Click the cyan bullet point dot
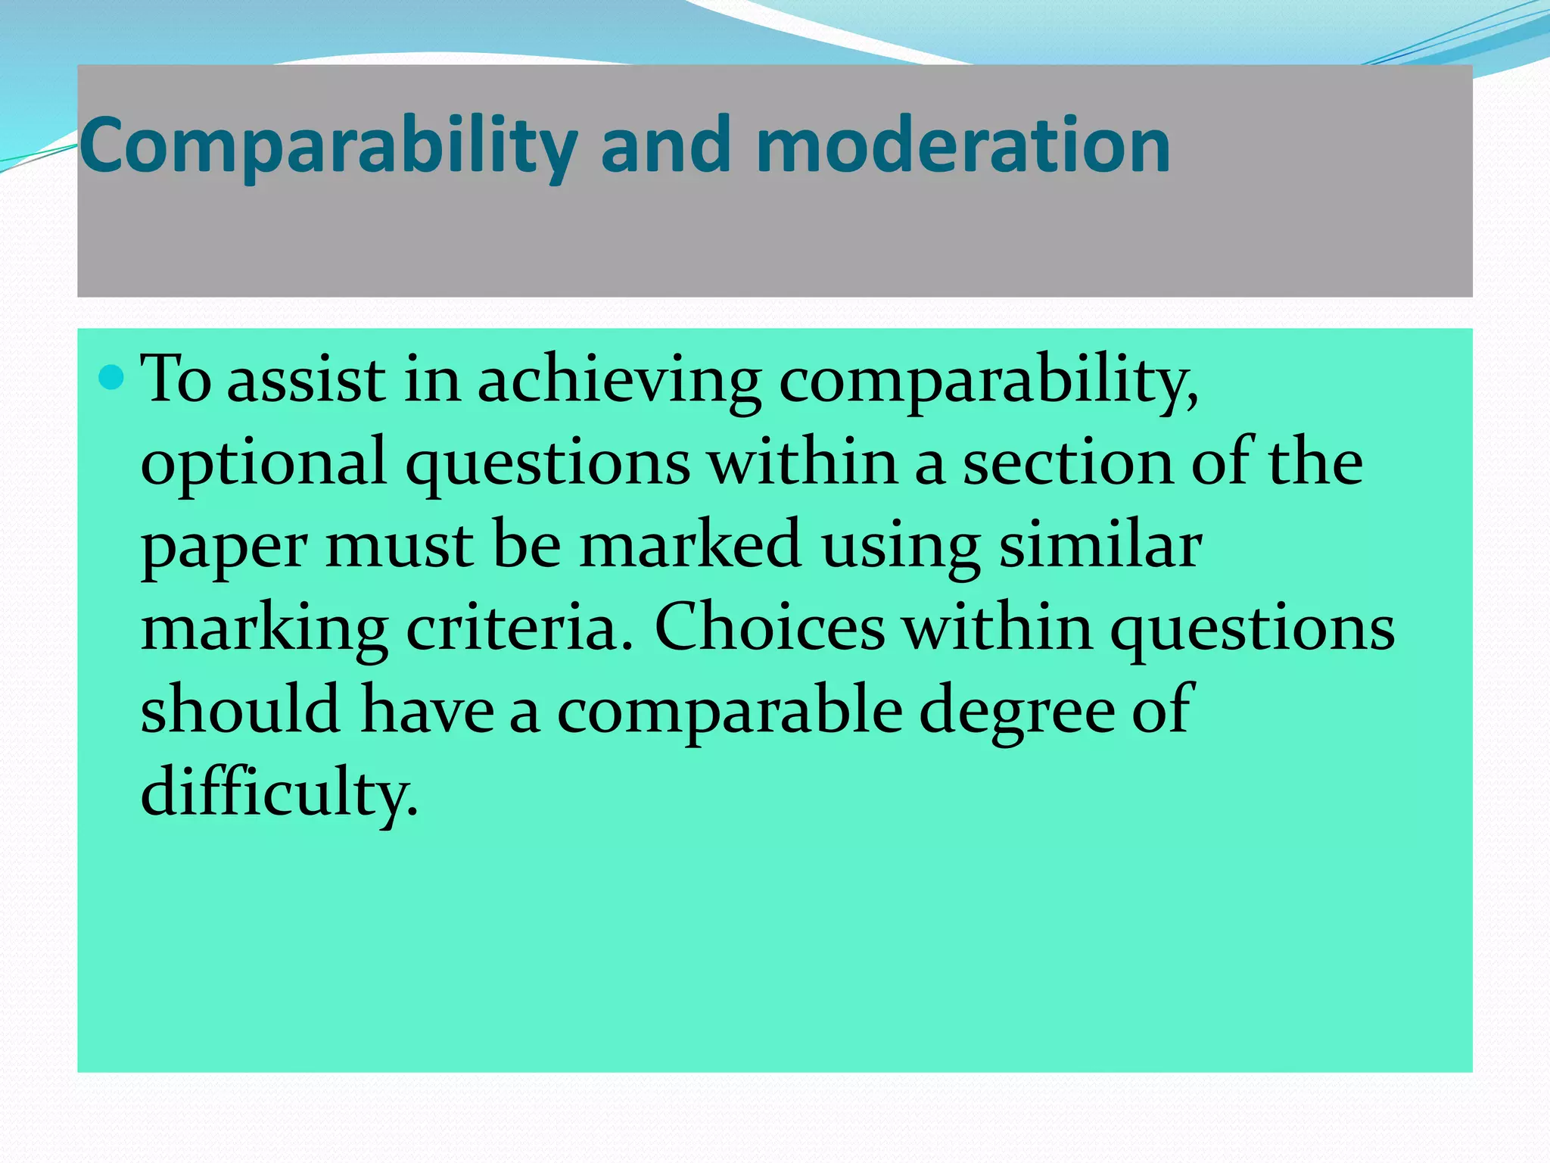[x=111, y=376]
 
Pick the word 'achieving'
[x=619, y=381]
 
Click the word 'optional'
[x=263, y=463]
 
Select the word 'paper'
[x=224, y=547]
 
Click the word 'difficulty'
[x=279, y=794]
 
